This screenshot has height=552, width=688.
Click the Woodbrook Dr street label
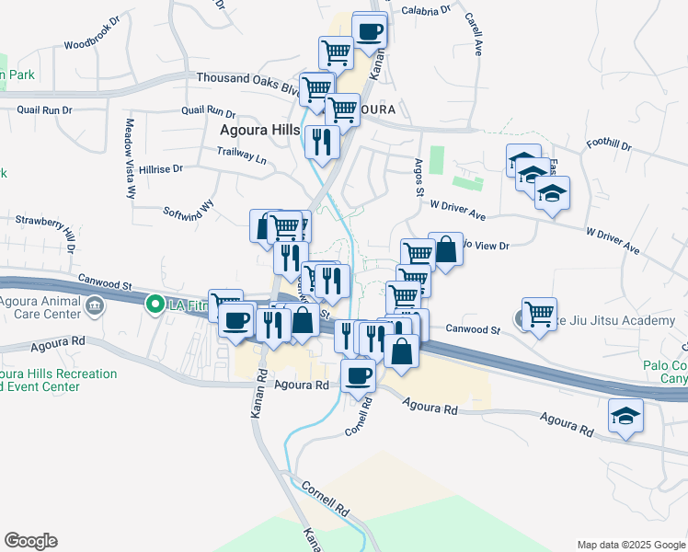(92, 42)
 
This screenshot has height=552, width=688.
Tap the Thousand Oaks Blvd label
(247, 79)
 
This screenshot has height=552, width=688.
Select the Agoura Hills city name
(259, 131)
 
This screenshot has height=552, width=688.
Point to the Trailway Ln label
(242, 157)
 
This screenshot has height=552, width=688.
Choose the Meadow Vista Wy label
(131, 159)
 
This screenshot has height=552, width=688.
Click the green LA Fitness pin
(155, 304)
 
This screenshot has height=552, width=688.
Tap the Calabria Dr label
(426, 10)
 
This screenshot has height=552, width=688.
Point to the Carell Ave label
(475, 35)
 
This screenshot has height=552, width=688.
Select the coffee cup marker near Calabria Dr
(370, 30)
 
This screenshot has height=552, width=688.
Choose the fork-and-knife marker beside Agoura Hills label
(322, 141)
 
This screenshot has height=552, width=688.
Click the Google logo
(31, 540)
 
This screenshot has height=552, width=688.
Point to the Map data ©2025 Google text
(630, 545)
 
